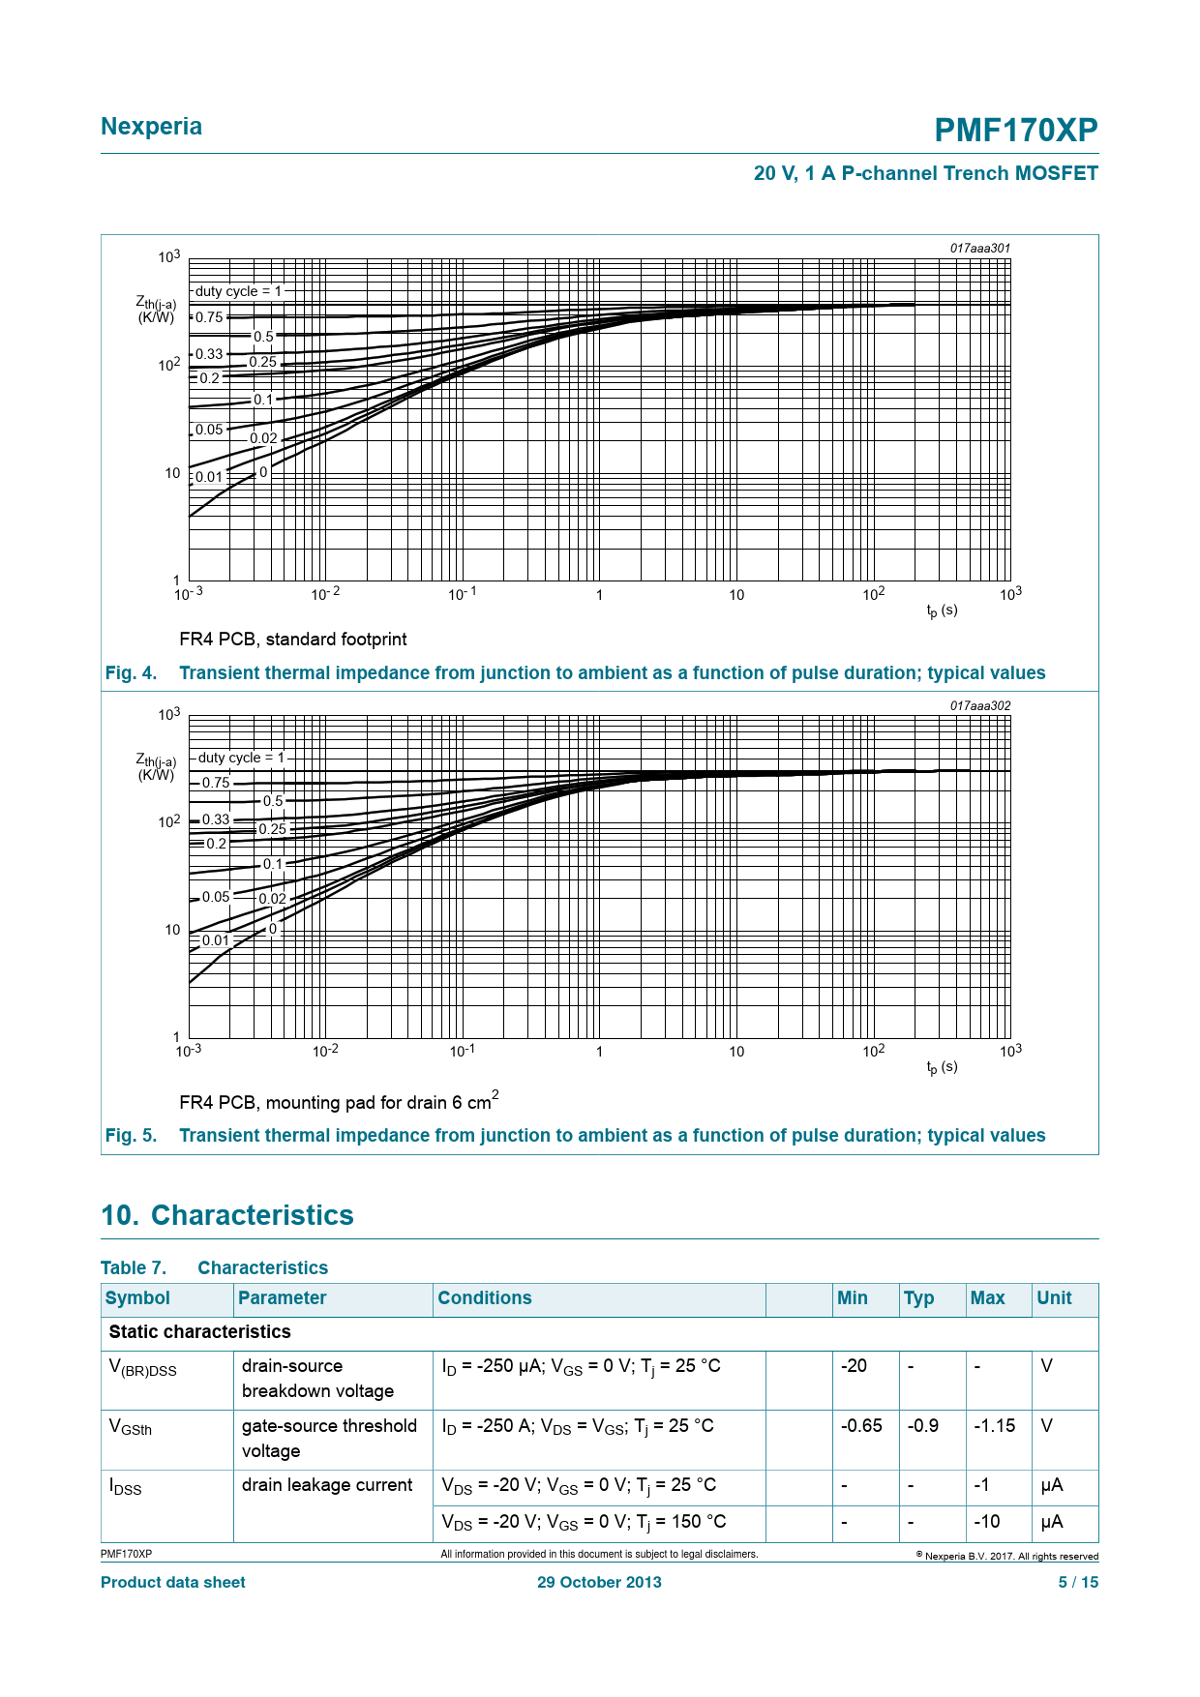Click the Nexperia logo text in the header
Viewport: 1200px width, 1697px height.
click(x=151, y=127)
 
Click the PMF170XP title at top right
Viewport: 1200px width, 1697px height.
click(x=1015, y=131)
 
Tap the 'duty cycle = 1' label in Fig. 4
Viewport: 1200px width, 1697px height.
click(x=238, y=291)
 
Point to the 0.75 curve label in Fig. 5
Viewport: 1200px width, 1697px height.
click(x=216, y=783)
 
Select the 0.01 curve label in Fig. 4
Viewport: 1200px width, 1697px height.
click(x=209, y=477)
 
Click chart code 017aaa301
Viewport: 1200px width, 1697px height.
click(x=979, y=249)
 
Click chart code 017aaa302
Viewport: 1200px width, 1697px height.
click(x=979, y=706)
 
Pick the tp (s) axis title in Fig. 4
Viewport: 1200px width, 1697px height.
click(x=942, y=610)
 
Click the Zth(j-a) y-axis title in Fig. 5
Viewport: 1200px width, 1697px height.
click(x=156, y=767)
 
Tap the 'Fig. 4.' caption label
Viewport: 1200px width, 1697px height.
click(x=131, y=673)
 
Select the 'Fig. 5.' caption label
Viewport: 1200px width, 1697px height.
click(x=131, y=1136)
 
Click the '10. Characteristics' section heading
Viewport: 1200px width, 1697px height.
click(x=227, y=1215)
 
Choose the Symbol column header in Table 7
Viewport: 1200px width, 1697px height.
click(x=137, y=1298)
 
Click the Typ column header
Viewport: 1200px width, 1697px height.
click(x=918, y=1298)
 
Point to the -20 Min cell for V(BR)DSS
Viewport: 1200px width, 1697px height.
click(x=854, y=1366)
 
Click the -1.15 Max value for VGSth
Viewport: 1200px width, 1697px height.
click(x=994, y=1426)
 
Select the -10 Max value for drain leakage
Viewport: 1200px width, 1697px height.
click(x=986, y=1522)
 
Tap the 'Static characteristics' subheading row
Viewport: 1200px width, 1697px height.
click(x=199, y=1332)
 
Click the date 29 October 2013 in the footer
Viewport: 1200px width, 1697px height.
click(x=599, y=1582)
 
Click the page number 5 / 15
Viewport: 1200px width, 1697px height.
click(x=1078, y=1582)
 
